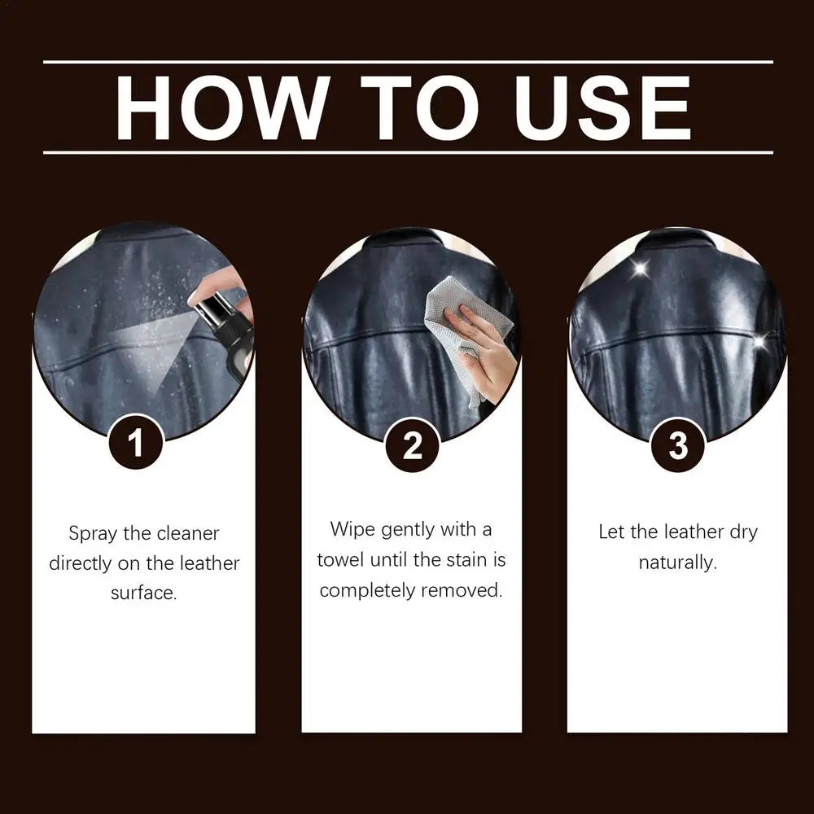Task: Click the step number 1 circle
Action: pos(135,444)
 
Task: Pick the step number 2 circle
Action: pos(412,445)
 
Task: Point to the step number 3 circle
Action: pos(677,445)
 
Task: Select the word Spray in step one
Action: pos(93,534)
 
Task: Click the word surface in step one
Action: pos(143,593)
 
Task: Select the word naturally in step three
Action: pos(677,562)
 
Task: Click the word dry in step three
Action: pos(739,532)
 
